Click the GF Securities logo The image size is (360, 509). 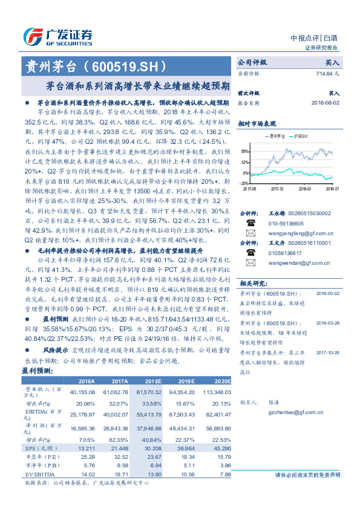(x=57, y=34)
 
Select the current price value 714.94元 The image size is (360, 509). (x=327, y=73)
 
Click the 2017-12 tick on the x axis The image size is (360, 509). (x=277, y=188)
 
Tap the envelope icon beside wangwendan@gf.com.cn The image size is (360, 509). (x=248, y=280)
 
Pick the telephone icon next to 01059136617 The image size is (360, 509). (x=248, y=270)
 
